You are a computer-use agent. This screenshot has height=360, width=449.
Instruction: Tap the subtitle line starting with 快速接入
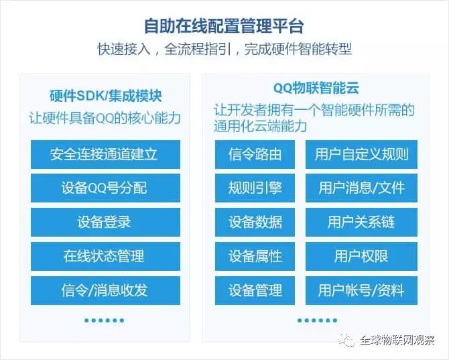(224, 50)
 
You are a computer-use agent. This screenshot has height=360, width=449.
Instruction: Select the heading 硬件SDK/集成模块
(105, 96)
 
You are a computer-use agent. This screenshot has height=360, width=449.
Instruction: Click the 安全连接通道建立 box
(105, 154)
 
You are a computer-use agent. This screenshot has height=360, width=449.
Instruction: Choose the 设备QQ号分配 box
(105, 188)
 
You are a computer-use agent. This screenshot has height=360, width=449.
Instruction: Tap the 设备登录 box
(105, 222)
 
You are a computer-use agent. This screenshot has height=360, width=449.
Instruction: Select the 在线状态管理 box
(105, 256)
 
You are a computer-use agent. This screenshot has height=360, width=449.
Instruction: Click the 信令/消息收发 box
(105, 290)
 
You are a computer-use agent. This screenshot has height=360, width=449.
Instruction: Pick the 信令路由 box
(255, 154)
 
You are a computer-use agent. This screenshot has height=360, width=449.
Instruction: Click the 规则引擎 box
(255, 188)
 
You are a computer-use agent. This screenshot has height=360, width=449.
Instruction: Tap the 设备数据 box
(255, 222)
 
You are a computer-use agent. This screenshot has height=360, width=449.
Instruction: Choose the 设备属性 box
(255, 256)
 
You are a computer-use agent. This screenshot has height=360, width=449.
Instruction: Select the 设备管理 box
(255, 290)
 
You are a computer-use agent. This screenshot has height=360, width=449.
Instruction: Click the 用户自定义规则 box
(361, 154)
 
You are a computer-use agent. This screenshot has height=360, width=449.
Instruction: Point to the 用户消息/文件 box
(361, 188)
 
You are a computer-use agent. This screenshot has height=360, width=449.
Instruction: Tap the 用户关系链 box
(361, 222)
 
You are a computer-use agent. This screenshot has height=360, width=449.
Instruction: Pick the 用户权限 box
(361, 256)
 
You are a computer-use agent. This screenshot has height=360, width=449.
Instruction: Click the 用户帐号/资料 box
(361, 290)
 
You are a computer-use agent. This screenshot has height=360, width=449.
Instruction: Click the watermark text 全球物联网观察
(396, 340)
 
